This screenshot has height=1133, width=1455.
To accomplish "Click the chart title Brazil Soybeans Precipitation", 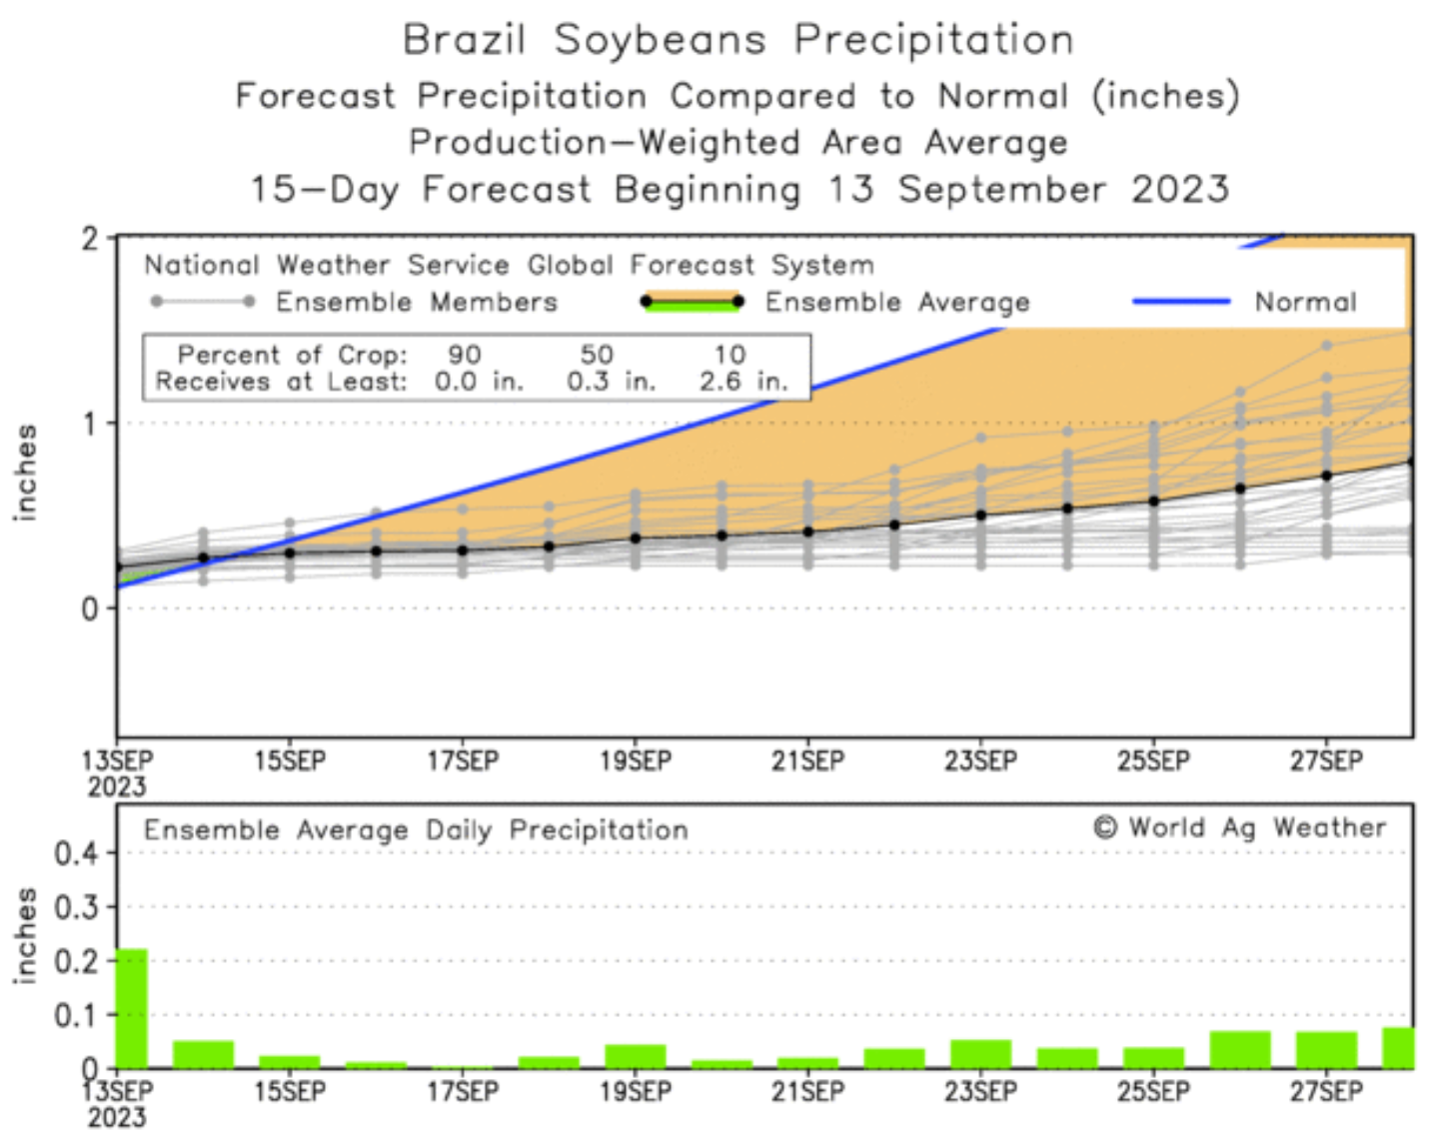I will coord(737,40).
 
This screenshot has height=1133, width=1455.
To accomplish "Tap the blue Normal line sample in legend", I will coord(1181,301).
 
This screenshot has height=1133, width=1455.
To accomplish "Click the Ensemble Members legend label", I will coord(416,302).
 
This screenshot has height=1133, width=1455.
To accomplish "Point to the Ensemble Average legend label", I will coord(896,302).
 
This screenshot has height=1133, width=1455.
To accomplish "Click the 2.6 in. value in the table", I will coord(743,381).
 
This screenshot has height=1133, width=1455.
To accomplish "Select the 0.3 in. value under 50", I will coord(611,381).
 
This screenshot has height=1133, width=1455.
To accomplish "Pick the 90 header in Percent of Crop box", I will coord(465,355).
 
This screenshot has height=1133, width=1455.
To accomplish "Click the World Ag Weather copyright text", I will coord(1239,828).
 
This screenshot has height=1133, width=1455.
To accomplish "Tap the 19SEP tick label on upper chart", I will coord(636,761).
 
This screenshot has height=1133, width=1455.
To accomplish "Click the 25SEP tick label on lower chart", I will coord(1153,1092).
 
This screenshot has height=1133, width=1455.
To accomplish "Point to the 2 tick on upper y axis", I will coord(91,239).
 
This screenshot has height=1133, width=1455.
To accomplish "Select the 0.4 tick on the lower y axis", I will coord(76,854).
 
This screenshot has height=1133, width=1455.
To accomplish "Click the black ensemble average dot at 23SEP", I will coord(981,516).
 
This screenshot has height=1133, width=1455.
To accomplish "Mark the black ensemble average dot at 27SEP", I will coord(1327,476).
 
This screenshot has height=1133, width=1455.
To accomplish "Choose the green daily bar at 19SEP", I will coord(636,1056).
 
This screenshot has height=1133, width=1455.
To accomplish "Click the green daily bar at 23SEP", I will coord(981,1054).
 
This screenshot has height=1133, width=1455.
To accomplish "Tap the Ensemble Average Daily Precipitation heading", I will coord(416,830).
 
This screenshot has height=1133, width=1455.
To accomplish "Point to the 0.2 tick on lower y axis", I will coord(76,961).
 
